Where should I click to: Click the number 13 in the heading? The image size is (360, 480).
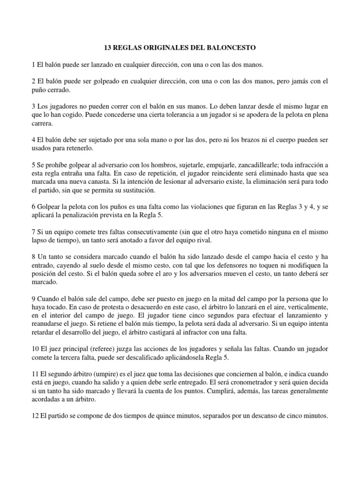[107, 48]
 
